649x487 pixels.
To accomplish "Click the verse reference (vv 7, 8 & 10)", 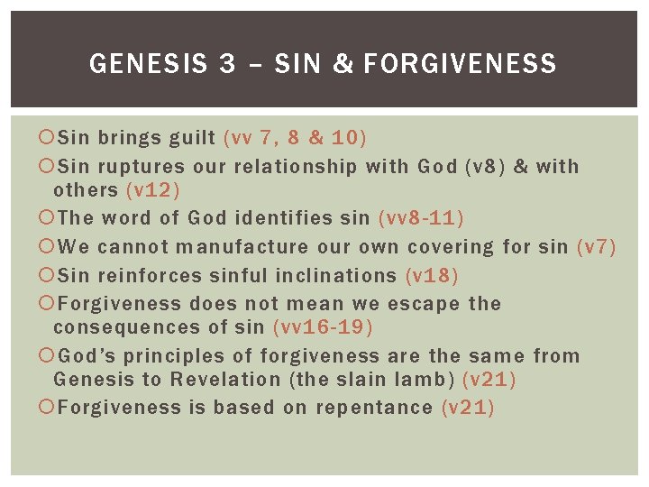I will click(x=295, y=138).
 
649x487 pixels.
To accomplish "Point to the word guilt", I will click(x=192, y=138).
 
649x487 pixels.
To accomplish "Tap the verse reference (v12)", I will click(x=153, y=189).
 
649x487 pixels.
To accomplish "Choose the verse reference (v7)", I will click(x=596, y=246).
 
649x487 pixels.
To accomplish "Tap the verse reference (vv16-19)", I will click(x=322, y=326).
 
